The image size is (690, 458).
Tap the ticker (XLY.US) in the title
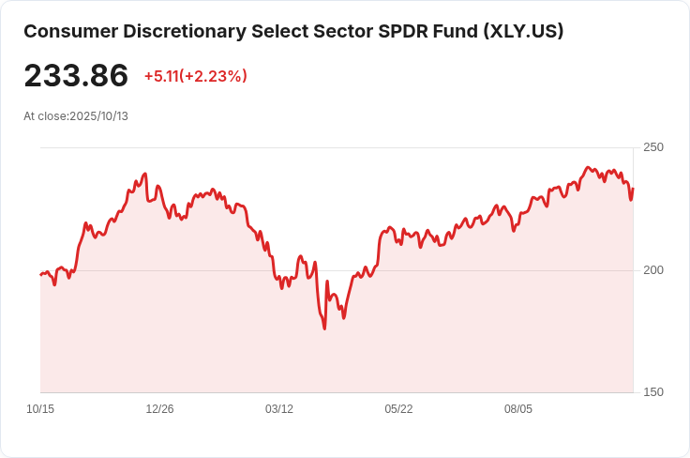pyautogui.click(x=523, y=31)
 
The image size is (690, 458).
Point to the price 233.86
pyautogui.click(x=76, y=75)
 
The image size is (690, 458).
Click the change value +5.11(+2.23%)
pyautogui.click(x=195, y=76)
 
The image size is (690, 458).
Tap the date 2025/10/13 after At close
pyautogui.click(x=98, y=116)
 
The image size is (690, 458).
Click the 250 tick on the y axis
pyautogui.click(x=652, y=147)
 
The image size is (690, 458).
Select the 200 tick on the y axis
pyautogui.click(x=652, y=270)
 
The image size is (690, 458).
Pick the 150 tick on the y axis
pyautogui.click(x=652, y=392)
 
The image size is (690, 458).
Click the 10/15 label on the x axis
pyautogui.click(x=40, y=409)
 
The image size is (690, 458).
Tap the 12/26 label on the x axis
pyautogui.click(x=159, y=409)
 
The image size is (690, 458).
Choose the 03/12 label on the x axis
pyautogui.click(x=279, y=409)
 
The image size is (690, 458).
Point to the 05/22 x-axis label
pyautogui.click(x=398, y=409)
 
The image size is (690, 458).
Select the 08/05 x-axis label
pyautogui.click(x=518, y=409)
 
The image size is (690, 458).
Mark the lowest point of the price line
pyautogui.click(x=324, y=328)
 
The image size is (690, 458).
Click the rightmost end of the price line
pyautogui.click(x=633, y=189)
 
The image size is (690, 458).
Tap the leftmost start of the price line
pyautogui.click(x=40, y=274)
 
